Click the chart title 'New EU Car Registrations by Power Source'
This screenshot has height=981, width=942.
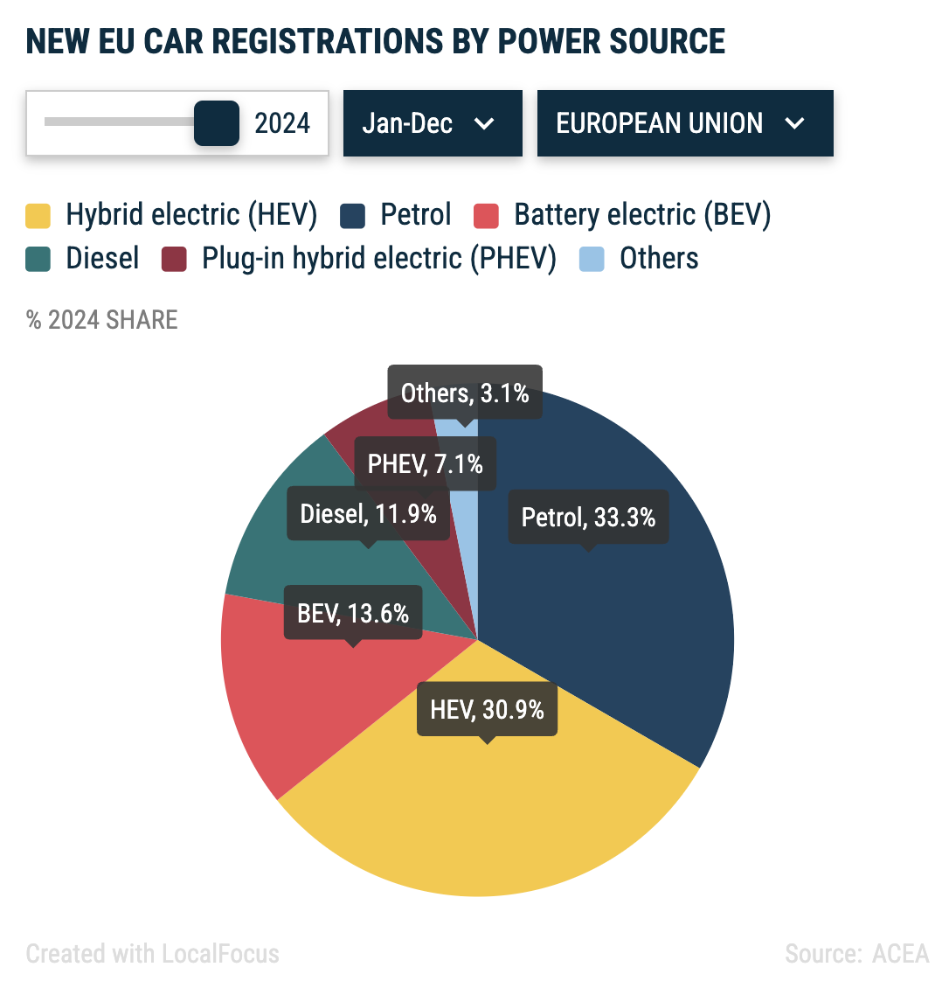376,41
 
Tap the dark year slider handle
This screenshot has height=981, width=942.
216,122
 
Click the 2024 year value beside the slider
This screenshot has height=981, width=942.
282,123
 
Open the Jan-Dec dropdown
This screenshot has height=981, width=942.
432,123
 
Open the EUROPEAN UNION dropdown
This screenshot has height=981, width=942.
684,123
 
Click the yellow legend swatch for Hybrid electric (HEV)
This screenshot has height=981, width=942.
38,215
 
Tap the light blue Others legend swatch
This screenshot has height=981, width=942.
592,259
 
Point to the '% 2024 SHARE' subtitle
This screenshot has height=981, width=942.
102,320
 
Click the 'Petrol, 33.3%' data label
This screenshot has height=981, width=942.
588,517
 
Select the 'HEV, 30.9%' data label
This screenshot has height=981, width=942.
487,708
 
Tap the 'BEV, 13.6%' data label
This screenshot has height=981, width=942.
353,613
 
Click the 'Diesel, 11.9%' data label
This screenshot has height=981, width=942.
368,513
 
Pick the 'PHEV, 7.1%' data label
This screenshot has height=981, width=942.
425,463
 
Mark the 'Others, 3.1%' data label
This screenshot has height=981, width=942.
465,393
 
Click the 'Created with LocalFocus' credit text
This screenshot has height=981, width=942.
153,953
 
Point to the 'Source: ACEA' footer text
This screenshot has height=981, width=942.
856,953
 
